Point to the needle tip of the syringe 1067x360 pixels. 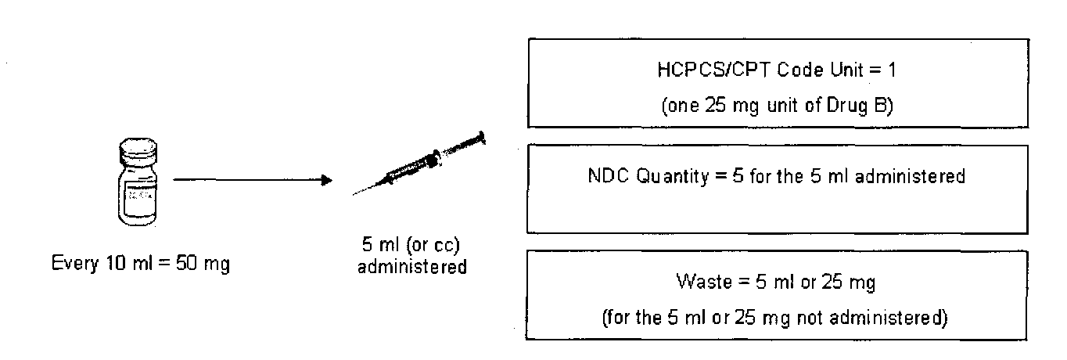(354, 193)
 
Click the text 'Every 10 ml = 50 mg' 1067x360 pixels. (140, 264)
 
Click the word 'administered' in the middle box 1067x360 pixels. (920, 175)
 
